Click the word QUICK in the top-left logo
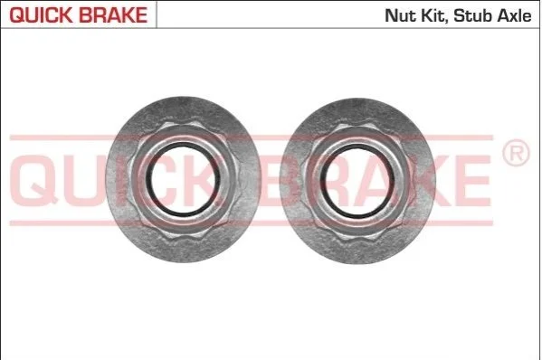(x=41, y=14)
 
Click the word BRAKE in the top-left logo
(x=113, y=14)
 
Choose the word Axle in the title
(x=514, y=16)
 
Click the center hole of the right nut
(x=357, y=181)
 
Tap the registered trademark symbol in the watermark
(x=516, y=153)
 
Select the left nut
(x=183, y=179)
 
